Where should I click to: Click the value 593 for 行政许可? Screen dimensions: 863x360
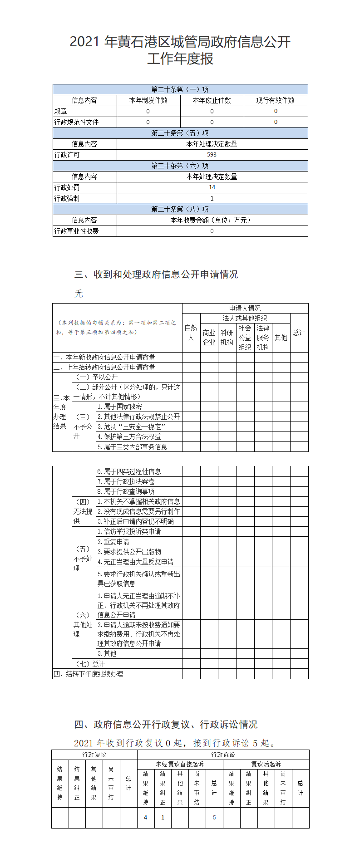coord(212,155)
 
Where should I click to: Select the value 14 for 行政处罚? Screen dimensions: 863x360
coord(212,187)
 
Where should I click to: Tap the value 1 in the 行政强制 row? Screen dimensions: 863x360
coord(212,198)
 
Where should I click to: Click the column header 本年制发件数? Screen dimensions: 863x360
coord(148,100)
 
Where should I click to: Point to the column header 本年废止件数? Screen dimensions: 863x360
coord(212,100)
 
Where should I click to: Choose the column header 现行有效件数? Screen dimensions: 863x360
coord(275,100)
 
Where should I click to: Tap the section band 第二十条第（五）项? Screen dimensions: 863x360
coord(180,133)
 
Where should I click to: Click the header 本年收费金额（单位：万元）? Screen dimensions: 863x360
coord(212,220)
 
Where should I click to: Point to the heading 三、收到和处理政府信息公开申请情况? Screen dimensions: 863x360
coord(156,274)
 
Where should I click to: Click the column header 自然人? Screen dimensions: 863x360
coord(191,333)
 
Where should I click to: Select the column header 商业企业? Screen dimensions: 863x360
coord(209,338)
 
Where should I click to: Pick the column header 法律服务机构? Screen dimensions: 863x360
coord(263,338)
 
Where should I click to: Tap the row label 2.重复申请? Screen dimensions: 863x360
coord(113,542)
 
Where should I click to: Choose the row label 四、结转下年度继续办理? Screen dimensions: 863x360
coord(89,674)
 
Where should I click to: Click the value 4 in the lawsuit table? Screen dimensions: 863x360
coord(145,817)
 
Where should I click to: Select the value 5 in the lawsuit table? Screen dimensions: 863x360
coord(214,817)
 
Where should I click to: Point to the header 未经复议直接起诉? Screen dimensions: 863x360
coord(180,764)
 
